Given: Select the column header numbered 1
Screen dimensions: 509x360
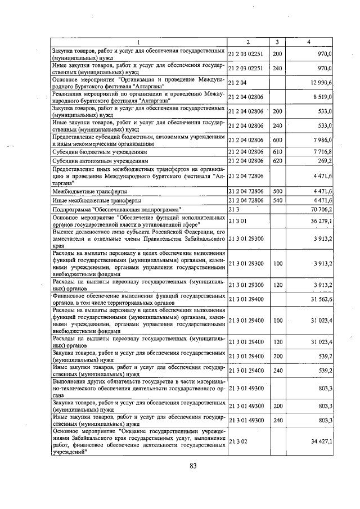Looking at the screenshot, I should (x=139, y=42).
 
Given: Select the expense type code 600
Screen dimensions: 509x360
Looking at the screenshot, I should (x=277, y=139).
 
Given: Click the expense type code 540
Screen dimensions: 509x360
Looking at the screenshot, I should (x=277, y=200).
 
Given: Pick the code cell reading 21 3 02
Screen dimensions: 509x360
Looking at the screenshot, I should (x=239, y=442).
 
